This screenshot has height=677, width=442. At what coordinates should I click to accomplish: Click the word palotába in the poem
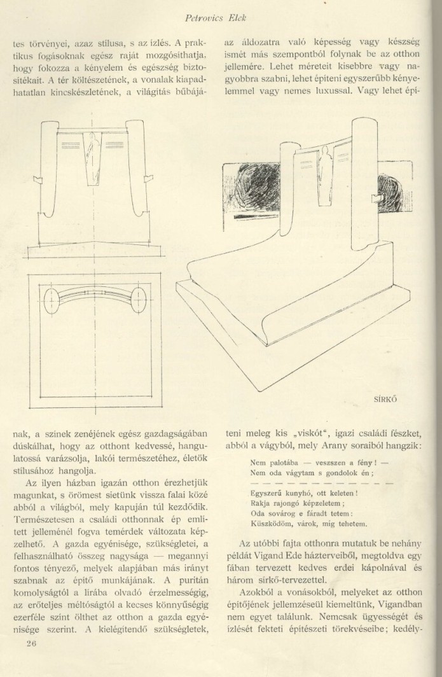pos(277,463)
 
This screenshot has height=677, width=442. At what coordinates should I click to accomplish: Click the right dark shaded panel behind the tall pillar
pos(389,194)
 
